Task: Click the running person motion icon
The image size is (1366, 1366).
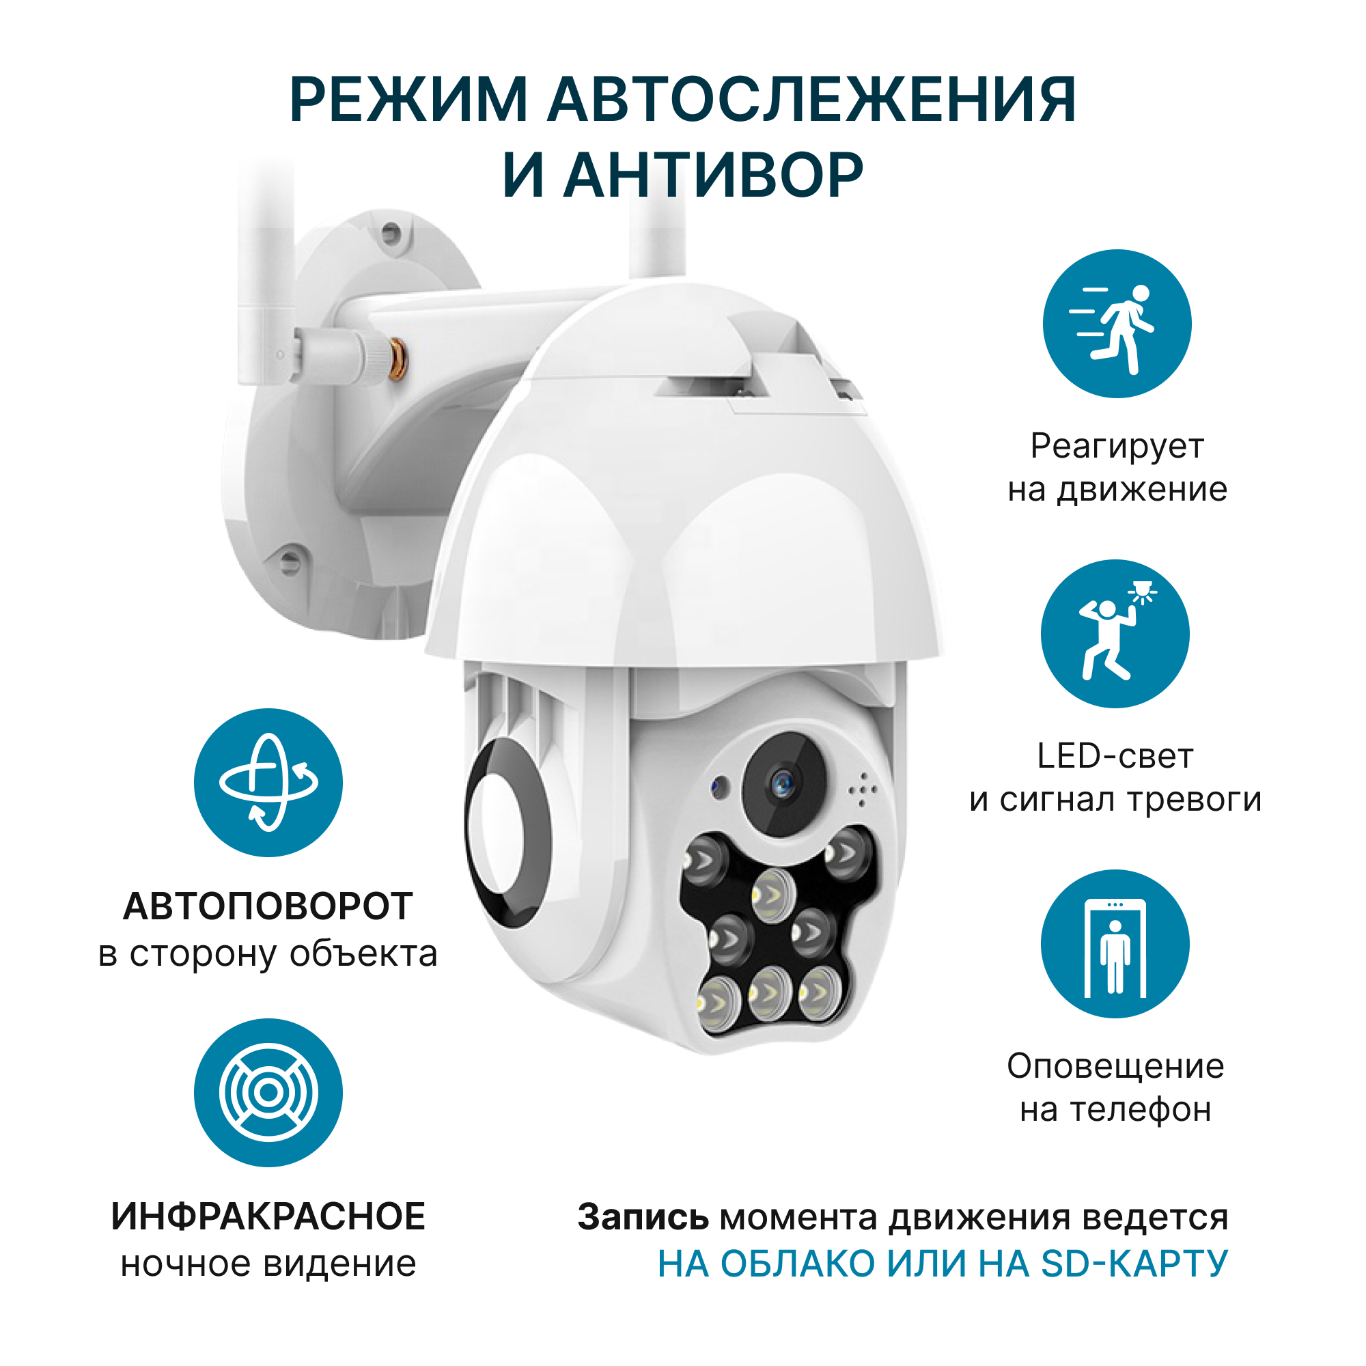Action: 1117,324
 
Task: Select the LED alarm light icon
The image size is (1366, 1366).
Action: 1115,633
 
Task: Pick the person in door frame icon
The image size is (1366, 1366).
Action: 1115,943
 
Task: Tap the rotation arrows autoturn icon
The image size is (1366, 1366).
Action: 268,783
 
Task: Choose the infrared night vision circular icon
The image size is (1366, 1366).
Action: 268,1092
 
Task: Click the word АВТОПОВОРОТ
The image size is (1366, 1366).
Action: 268,906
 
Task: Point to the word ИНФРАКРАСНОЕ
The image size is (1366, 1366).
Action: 268,1216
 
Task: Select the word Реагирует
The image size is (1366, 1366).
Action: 1117,447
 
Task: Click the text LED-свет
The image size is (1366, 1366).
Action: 1115,756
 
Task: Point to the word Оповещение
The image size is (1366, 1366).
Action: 1115,1066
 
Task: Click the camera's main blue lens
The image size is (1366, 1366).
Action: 783,783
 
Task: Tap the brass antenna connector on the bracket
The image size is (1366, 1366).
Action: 398,359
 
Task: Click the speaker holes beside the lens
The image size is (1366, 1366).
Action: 863,789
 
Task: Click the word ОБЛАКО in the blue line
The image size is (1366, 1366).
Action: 798,1264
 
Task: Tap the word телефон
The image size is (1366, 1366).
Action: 1141,1110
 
